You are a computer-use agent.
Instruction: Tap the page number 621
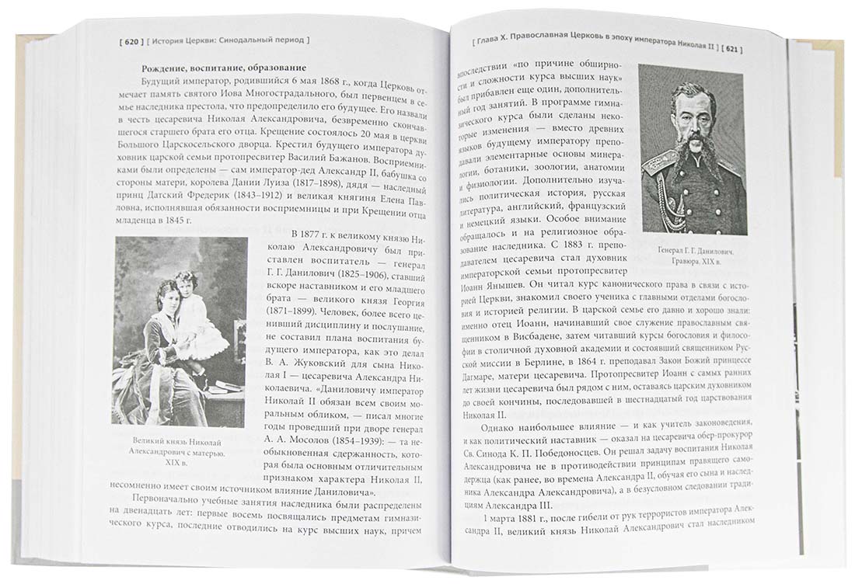731,49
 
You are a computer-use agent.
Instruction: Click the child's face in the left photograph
186,280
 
